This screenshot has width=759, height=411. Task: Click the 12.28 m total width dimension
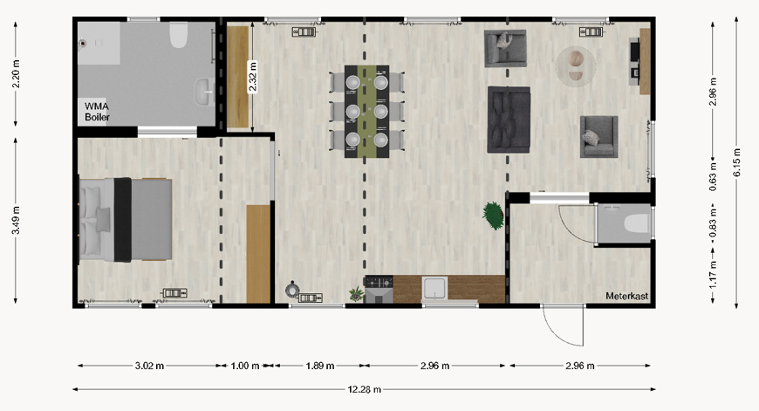[x=365, y=388]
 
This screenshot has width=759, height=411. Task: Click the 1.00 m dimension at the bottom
[x=245, y=366]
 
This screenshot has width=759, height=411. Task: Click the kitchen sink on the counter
[x=435, y=288]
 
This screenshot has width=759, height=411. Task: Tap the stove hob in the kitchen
[x=379, y=283]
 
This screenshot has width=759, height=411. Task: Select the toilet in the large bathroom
[x=178, y=36]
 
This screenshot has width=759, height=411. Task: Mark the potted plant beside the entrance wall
[x=494, y=215]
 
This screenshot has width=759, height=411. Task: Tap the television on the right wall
[x=635, y=61]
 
